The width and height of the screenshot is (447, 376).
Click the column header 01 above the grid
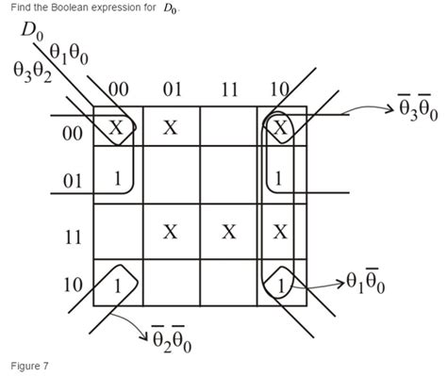pos(173,90)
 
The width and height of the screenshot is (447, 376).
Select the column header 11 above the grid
pos(227,90)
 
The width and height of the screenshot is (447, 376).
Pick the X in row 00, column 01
pos(171,129)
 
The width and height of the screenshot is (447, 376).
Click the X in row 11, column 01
pos(171,232)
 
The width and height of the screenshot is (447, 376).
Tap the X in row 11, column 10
pos(280,232)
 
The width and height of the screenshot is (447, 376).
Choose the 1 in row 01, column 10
pos(280,176)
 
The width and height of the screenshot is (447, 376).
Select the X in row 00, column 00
pos(116,129)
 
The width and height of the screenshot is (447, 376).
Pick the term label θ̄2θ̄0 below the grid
pos(171,339)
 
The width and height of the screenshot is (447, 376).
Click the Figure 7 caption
pos(30,364)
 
